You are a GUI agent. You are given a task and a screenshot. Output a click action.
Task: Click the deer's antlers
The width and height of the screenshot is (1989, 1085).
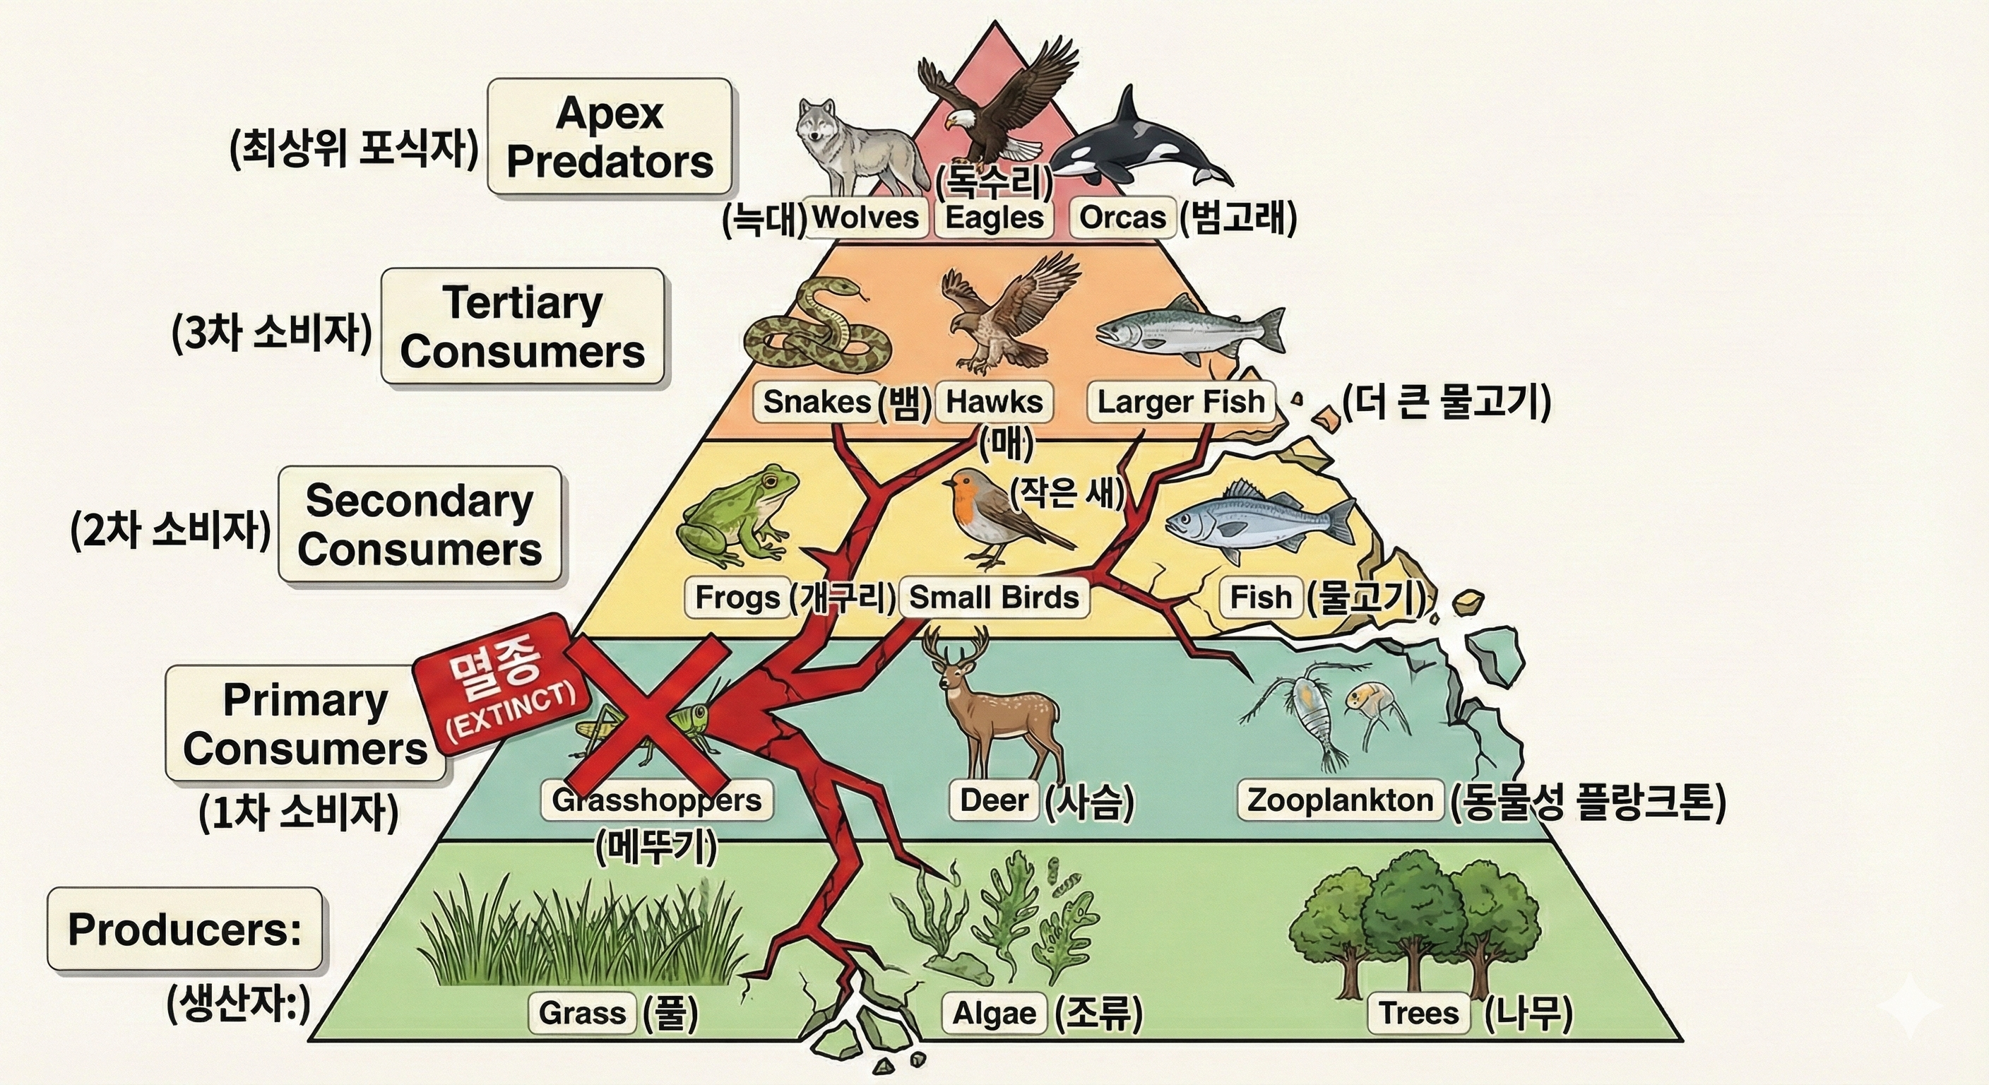(x=958, y=653)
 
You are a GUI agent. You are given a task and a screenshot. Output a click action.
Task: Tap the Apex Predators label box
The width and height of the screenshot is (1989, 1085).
(x=610, y=138)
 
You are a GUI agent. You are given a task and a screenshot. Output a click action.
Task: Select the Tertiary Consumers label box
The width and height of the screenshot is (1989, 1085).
(x=523, y=326)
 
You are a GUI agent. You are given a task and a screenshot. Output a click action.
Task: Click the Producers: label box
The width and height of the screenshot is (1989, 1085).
(x=184, y=929)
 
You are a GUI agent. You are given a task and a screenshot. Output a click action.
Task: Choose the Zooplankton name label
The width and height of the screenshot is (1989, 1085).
(x=1340, y=800)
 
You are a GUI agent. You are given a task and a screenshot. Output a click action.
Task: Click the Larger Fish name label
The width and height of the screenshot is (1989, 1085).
(x=1180, y=401)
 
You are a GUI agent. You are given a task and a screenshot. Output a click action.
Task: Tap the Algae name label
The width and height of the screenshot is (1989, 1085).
(x=994, y=1012)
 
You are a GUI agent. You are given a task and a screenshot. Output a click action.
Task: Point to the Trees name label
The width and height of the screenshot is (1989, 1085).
(x=1418, y=1012)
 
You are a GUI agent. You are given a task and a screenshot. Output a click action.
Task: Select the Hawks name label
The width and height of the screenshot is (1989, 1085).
(x=994, y=401)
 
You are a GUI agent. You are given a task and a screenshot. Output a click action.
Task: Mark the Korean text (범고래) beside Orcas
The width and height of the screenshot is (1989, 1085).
(x=1238, y=218)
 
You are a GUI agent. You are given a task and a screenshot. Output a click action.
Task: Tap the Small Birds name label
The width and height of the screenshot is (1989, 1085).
(x=994, y=597)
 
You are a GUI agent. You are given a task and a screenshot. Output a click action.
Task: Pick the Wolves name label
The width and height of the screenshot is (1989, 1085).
(x=865, y=217)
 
